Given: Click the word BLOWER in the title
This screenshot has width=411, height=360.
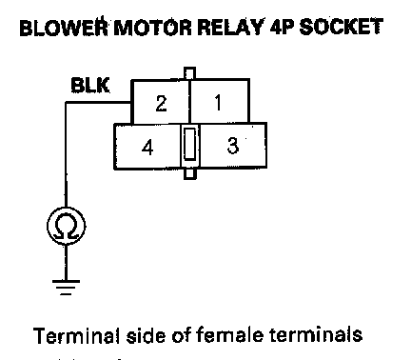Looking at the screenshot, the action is coord(65,27).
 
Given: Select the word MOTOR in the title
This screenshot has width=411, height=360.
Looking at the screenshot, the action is coord(152,27).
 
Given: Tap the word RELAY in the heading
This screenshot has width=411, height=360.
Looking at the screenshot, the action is coord(230,27).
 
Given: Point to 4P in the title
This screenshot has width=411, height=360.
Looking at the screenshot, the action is coord(283,27).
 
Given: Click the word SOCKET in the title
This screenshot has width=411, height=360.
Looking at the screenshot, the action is coord(342,27).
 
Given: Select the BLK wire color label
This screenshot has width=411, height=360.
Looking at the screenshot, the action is coord(90,85).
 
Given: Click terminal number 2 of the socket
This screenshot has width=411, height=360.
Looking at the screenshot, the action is coord(161,103).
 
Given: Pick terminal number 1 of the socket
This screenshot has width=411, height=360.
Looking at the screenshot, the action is coord(218,103).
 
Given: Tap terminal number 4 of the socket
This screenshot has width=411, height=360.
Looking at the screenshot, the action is coord(147,148).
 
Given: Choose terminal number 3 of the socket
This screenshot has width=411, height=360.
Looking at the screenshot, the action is coord(233,146).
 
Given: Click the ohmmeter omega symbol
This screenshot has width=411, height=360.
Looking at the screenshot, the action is coord(66,226).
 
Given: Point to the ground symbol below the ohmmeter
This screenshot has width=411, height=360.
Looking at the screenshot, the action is coord(66,288).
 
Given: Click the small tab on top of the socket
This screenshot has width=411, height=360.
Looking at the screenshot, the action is coord(189,73).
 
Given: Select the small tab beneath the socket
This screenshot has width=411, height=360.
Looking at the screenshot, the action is coord(189,173).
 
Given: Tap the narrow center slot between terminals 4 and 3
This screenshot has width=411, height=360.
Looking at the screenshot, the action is coord(189,143).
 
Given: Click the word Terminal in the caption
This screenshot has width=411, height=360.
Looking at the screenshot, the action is coord(77,336).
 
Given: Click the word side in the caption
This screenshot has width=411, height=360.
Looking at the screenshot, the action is coord(146,335).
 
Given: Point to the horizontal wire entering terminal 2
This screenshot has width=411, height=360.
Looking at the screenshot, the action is coord(98,102).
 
